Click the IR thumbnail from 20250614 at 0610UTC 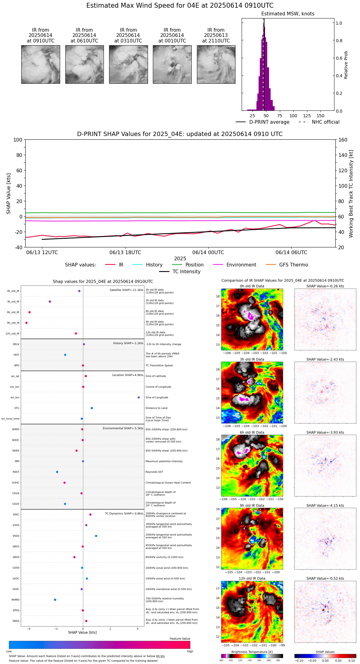(84, 64)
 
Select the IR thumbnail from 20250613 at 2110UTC (216, 64)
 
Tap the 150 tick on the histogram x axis (321, 116)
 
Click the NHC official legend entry (325, 122)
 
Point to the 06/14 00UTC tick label (208, 253)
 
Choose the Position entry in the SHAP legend (194, 265)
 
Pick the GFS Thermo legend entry (293, 265)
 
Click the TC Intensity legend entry (186, 272)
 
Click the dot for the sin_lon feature (139, 398)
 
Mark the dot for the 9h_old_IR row (27, 323)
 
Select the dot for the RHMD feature (55, 600)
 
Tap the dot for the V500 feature (96, 536)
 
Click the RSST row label (16, 472)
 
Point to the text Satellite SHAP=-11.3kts (126, 290)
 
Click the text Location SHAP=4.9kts (128, 375)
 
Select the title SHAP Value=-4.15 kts (325, 506)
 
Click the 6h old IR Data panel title (252, 433)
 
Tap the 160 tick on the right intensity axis (343, 140)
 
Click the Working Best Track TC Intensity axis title (351, 194)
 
